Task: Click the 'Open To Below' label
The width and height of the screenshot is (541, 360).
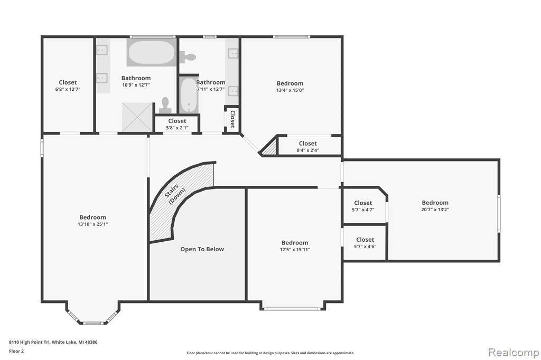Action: (202, 249)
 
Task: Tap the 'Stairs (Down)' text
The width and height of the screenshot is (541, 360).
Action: (175, 194)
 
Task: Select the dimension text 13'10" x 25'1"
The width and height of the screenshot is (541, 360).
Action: (93, 224)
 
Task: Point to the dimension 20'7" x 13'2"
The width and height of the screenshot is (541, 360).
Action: (435, 210)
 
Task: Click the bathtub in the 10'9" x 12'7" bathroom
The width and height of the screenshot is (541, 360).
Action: (152, 52)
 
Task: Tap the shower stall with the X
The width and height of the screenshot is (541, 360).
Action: (137, 117)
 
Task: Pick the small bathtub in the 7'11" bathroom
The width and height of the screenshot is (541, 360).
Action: (189, 95)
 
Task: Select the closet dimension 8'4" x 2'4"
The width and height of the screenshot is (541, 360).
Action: (308, 150)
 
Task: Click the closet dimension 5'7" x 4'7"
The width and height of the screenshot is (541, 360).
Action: (363, 210)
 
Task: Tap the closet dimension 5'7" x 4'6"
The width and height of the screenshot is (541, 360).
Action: (365, 246)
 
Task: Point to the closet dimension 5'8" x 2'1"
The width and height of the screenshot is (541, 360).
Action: (177, 128)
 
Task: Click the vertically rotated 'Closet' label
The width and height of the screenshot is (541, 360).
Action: (232, 119)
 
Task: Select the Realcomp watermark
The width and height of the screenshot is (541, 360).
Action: (514, 353)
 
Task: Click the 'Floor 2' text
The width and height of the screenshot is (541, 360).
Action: (16, 352)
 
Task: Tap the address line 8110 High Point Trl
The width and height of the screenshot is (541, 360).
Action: (53, 342)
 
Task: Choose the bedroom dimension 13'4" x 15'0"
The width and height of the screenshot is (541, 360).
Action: (290, 90)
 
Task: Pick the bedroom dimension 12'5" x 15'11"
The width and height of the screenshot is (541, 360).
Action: (295, 250)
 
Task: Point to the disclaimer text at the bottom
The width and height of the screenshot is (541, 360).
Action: (270, 353)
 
